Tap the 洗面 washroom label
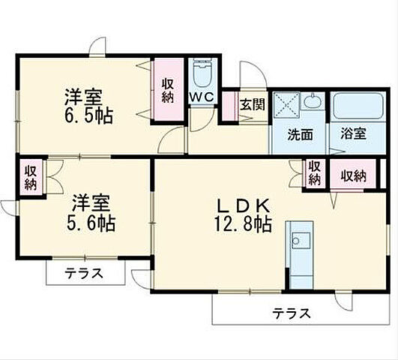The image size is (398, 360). point(301,135)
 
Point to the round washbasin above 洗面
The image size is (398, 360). point(314,102)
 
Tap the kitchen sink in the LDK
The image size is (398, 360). point(302,241)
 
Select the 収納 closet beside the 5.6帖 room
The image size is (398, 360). point(30,177)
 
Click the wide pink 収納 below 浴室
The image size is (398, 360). point(354,176)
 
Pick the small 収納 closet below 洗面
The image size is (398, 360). point(315,173)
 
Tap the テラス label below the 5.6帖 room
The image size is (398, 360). point(84,274)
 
